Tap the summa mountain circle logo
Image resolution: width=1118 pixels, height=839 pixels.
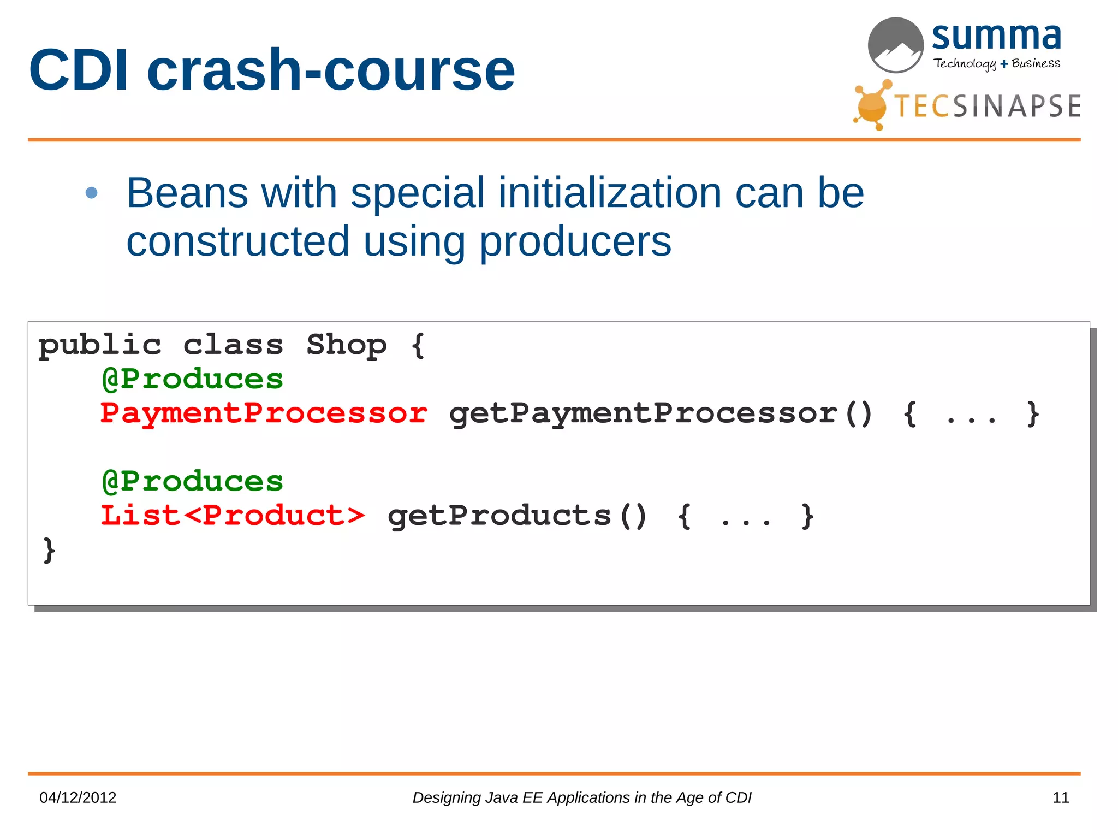pyautogui.click(x=895, y=45)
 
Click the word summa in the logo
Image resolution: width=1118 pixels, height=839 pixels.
pyautogui.click(x=996, y=37)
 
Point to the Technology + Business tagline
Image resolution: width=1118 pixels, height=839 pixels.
pyautogui.click(x=996, y=64)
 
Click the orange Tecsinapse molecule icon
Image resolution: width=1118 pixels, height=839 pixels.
pyautogui.click(x=872, y=105)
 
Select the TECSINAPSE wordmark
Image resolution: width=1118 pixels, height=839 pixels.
pyautogui.click(x=987, y=106)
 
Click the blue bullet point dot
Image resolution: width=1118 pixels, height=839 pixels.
pyautogui.click(x=92, y=193)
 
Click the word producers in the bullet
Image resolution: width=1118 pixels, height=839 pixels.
pyautogui.click(x=575, y=241)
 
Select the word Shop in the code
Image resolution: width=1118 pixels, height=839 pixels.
pyautogui.click(x=346, y=345)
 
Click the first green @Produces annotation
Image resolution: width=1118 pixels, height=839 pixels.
pyautogui.click(x=193, y=379)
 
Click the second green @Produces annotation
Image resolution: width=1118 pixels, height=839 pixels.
pyautogui.click(x=193, y=482)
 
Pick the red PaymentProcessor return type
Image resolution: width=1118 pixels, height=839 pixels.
pyautogui.click(x=264, y=413)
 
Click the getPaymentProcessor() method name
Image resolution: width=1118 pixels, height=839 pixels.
pyautogui.click(x=661, y=413)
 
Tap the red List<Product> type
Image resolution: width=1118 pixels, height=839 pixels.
pyautogui.click(x=233, y=516)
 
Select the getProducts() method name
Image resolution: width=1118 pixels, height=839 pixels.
pyautogui.click(x=517, y=516)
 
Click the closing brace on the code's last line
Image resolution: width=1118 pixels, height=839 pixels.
pyautogui.click(x=49, y=550)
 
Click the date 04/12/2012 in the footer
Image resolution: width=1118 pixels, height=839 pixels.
pyautogui.click(x=78, y=797)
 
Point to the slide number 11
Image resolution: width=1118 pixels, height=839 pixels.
pyautogui.click(x=1060, y=797)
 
